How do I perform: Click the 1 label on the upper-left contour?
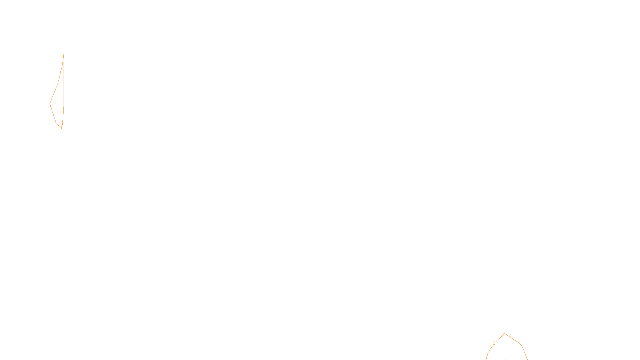[61, 128]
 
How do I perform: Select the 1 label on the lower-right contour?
[494, 343]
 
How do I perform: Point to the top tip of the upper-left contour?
[64, 53]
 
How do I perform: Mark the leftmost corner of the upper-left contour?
[50, 103]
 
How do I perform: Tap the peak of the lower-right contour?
[505, 334]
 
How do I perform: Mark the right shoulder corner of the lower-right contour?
[522, 346]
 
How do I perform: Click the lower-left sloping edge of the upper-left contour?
[53, 114]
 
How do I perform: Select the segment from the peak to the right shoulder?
[513, 340]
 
